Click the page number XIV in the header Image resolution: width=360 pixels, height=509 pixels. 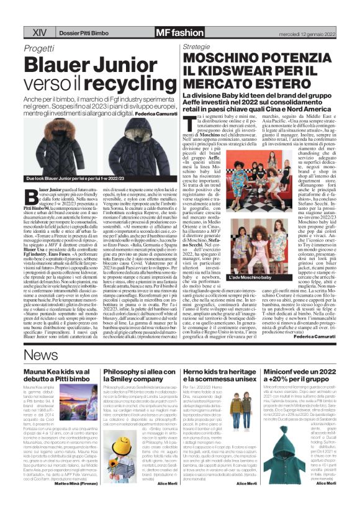coord(39,30)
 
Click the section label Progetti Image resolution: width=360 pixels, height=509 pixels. coord(39,47)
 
